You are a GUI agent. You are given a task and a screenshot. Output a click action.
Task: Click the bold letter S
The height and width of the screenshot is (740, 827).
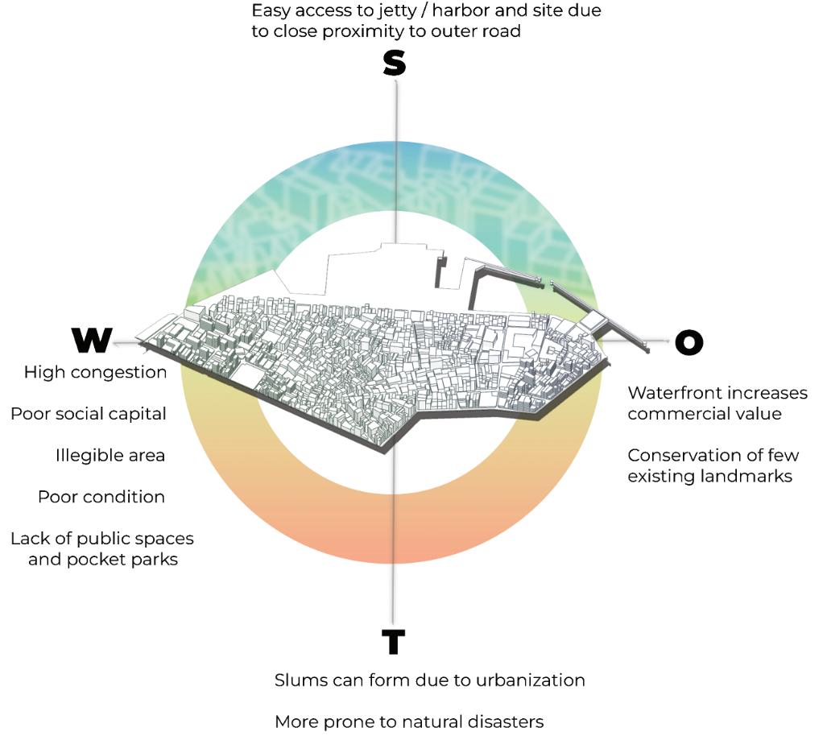pos(394,64)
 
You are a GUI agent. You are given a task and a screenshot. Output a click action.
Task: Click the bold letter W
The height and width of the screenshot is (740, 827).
pos(92,341)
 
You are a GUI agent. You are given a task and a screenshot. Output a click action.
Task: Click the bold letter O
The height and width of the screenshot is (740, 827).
pos(688,342)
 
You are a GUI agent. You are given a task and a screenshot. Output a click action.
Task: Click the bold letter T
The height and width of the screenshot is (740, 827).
pos(393,642)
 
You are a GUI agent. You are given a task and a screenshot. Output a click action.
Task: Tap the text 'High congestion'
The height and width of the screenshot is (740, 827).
pos(95,372)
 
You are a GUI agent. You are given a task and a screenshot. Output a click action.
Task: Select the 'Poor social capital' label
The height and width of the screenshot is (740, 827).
pos(89,414)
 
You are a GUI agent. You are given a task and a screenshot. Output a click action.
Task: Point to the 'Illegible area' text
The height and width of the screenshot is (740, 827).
pos(110,455)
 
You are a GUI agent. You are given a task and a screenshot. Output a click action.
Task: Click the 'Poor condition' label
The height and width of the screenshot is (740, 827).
pos(101,497)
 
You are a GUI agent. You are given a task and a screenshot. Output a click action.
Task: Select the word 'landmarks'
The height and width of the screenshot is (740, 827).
pos(750,477)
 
